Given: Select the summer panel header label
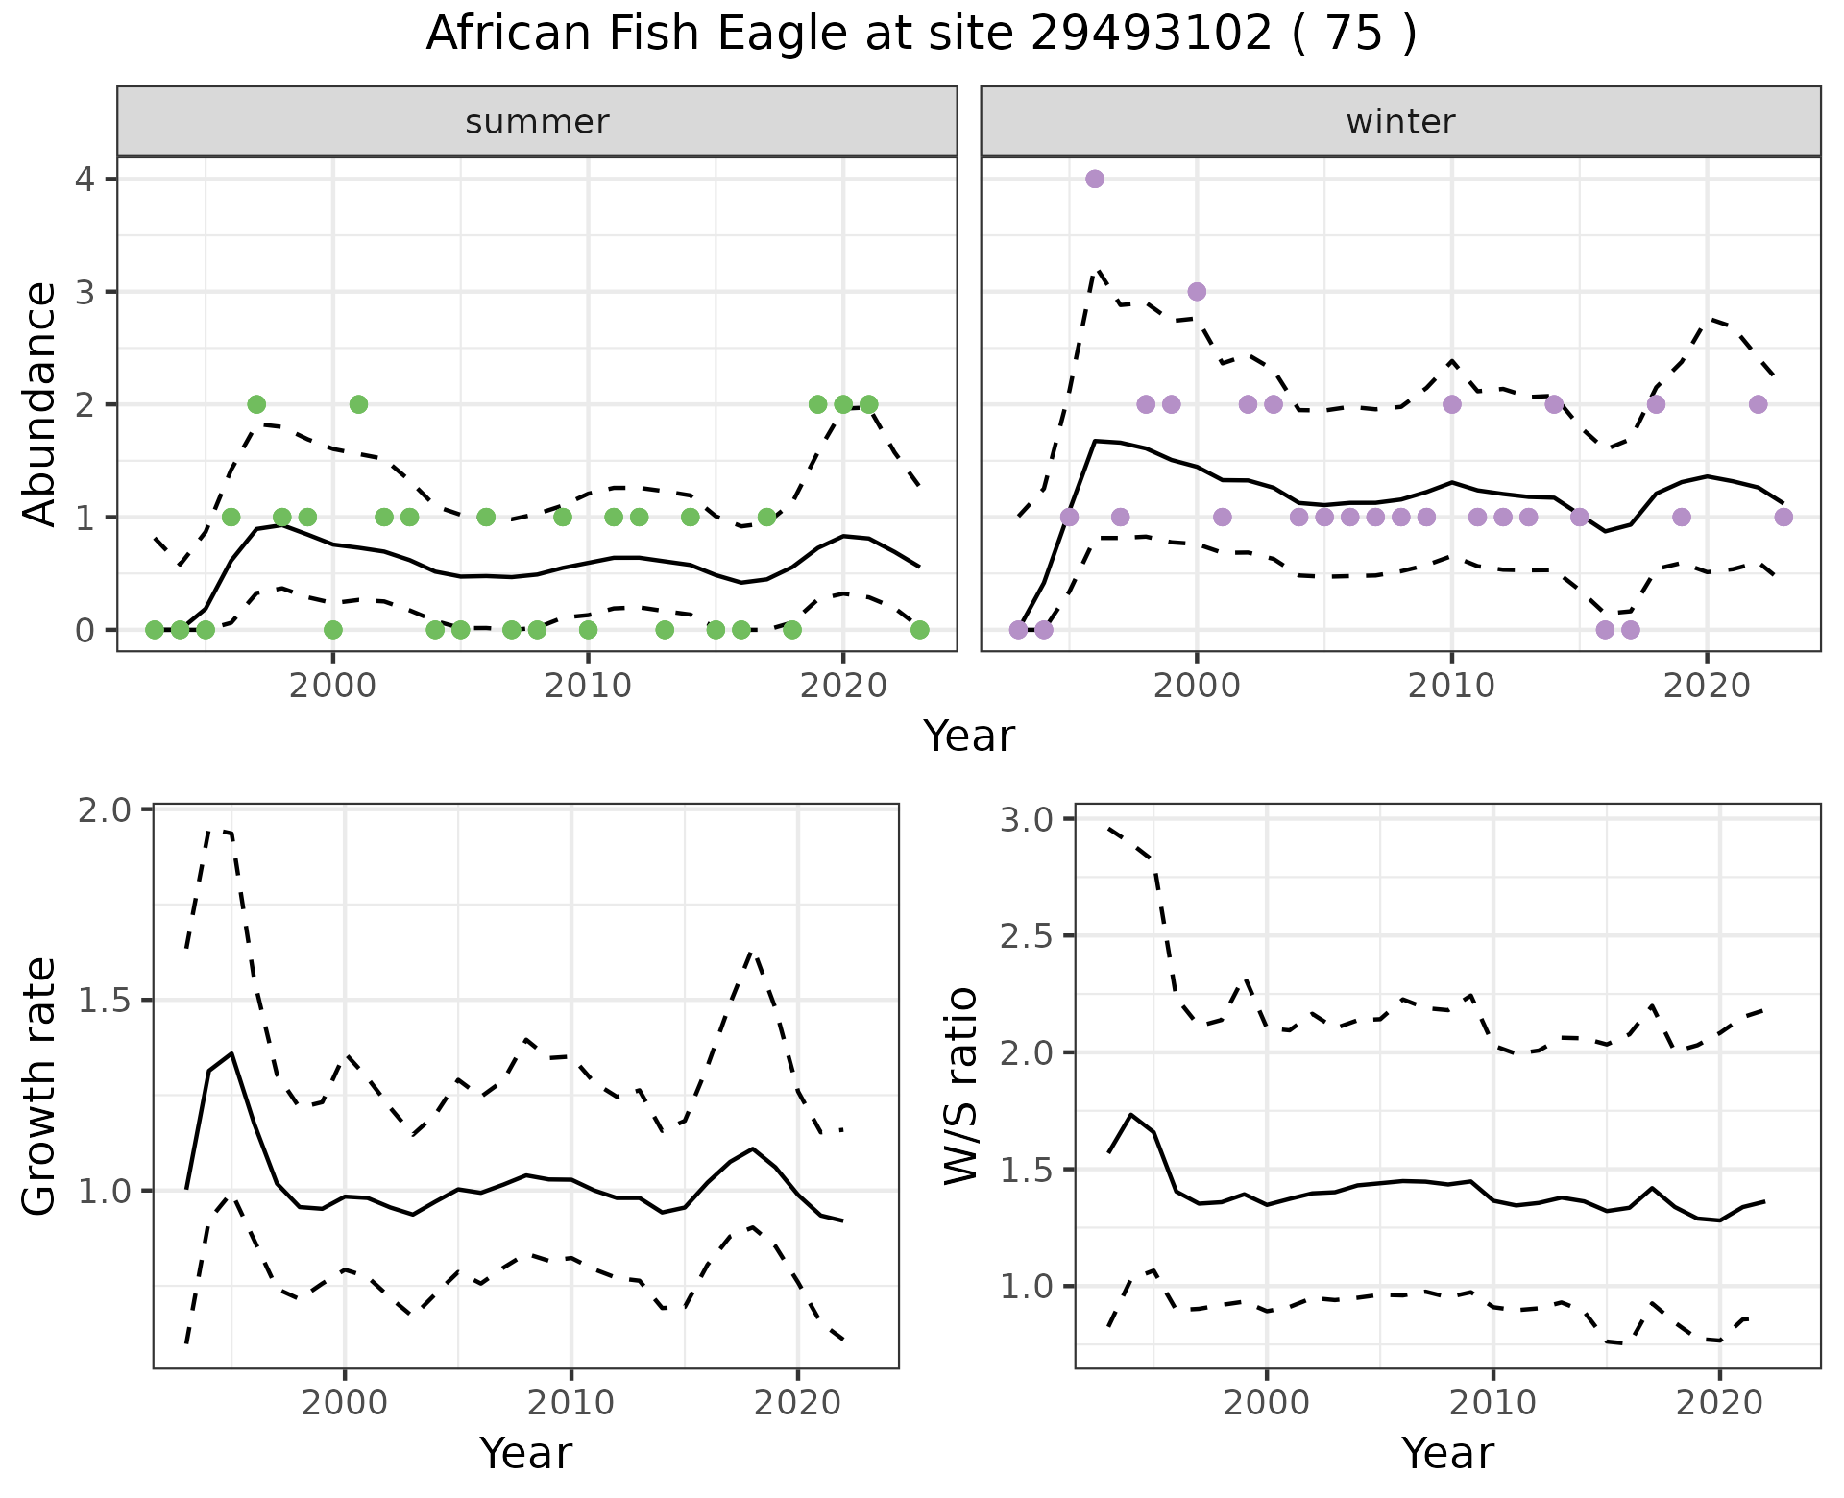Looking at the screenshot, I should coord(537,122).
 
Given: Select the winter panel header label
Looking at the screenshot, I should coord(1400,122).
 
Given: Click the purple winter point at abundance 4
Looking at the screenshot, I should coord(1095,179).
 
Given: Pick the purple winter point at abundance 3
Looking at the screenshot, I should coord(1197,292).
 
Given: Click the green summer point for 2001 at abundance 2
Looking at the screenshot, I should coord(358,404).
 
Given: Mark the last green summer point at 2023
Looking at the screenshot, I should coord(919,630).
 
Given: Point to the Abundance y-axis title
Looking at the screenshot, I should coord(40,403).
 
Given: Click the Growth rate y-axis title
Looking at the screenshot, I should coord(40,1086).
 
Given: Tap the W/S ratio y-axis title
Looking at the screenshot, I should coord(961,1086).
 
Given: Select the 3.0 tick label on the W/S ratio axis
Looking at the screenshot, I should coord(1028,819).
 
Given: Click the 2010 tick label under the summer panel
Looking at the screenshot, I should coord(588,686).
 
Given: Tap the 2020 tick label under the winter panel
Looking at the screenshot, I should coord(1707,686).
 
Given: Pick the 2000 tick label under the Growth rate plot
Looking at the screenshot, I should coord(345,1403).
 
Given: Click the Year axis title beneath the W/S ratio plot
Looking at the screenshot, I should coord(1447,1453).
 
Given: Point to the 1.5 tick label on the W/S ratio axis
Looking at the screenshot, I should coord(1028,1170).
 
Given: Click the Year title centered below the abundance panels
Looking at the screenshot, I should coord(969,737).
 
